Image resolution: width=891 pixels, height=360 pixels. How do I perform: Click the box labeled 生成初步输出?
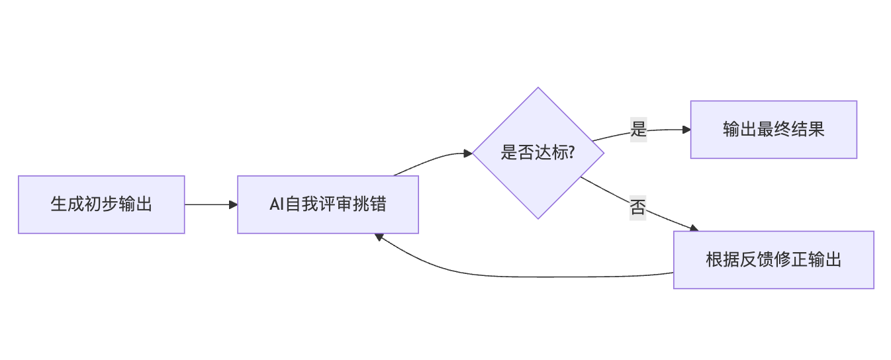click(101, 204)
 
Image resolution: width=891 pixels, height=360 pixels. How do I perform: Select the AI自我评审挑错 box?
click(328, 204)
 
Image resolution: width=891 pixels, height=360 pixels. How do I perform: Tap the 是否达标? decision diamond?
click(538, 153)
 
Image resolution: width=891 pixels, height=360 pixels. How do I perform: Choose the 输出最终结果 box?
click(773, 130)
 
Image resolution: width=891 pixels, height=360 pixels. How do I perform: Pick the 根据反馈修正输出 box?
click(773, 259)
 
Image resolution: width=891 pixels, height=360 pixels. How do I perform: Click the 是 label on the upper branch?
click(638, 129)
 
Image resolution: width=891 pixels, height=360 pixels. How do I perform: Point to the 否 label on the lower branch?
click(637, 208)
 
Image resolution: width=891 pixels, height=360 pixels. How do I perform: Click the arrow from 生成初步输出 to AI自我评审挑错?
click(211, 204)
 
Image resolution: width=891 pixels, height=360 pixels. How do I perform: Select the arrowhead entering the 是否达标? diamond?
click(468, 154)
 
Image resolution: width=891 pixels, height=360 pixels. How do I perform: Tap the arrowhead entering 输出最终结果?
click(686, 130)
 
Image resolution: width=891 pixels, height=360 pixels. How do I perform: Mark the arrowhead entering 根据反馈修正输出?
click(694, 228)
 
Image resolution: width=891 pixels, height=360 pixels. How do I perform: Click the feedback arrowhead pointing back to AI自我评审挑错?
click(378, 236)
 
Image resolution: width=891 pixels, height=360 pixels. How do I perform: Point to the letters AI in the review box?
click(276, 204)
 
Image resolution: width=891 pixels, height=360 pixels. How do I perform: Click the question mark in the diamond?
click(571, 154)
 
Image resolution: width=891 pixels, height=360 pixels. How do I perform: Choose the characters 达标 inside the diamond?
click(550, 154)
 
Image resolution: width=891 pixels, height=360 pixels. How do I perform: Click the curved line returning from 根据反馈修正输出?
click(530, 276)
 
